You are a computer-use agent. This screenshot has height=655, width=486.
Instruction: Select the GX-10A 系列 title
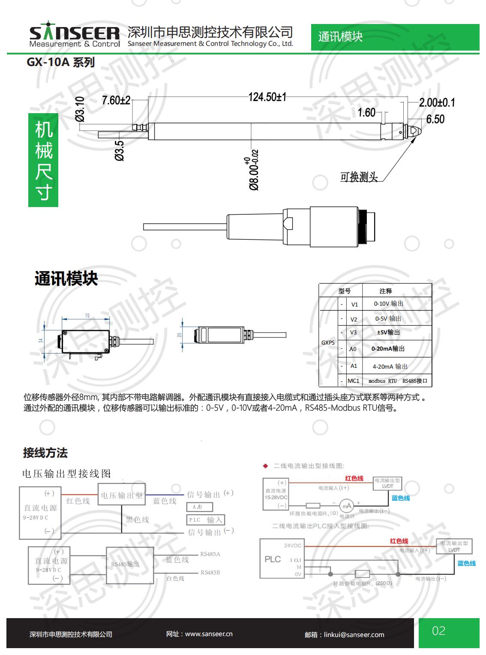pos(60,63)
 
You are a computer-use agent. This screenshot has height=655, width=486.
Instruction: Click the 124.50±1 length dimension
pos(267,97)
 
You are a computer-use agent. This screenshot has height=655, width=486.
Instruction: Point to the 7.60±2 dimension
pos(116,100)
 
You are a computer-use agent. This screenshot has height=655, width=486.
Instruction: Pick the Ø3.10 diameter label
pos(80,109)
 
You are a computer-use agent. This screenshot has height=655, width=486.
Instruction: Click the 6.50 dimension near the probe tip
pos(435,119)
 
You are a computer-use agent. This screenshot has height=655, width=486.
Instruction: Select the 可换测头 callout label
pos(359,177)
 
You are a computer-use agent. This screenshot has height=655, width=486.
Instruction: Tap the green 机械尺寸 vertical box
pos(43,160)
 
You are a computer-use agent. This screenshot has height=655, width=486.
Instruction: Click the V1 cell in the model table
pos(354,304)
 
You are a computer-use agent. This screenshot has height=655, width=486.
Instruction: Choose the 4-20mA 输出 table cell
pos(390,367)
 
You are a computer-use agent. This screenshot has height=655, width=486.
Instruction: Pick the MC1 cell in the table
pos(354,381)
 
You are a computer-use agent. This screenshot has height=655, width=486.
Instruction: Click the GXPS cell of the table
pos(328,343)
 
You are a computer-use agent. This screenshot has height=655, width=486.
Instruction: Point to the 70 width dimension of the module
pos(87,316)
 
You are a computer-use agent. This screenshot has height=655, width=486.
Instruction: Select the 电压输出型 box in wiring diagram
pos(122,496)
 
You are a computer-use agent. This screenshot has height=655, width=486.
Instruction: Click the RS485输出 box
pos(130,565)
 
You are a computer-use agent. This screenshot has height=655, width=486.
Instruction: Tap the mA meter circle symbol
pos(346,506)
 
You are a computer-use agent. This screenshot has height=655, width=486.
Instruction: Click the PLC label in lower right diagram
pos(273,559)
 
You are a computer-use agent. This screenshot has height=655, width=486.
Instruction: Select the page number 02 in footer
pos(439,631)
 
